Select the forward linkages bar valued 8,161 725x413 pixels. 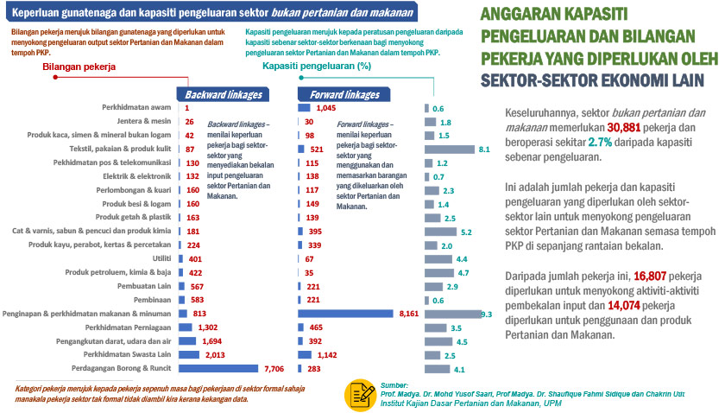345,313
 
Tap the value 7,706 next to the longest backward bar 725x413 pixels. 274,369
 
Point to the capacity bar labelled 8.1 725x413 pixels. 450,149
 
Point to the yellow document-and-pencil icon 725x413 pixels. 359,394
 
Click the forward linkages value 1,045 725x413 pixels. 325,108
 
